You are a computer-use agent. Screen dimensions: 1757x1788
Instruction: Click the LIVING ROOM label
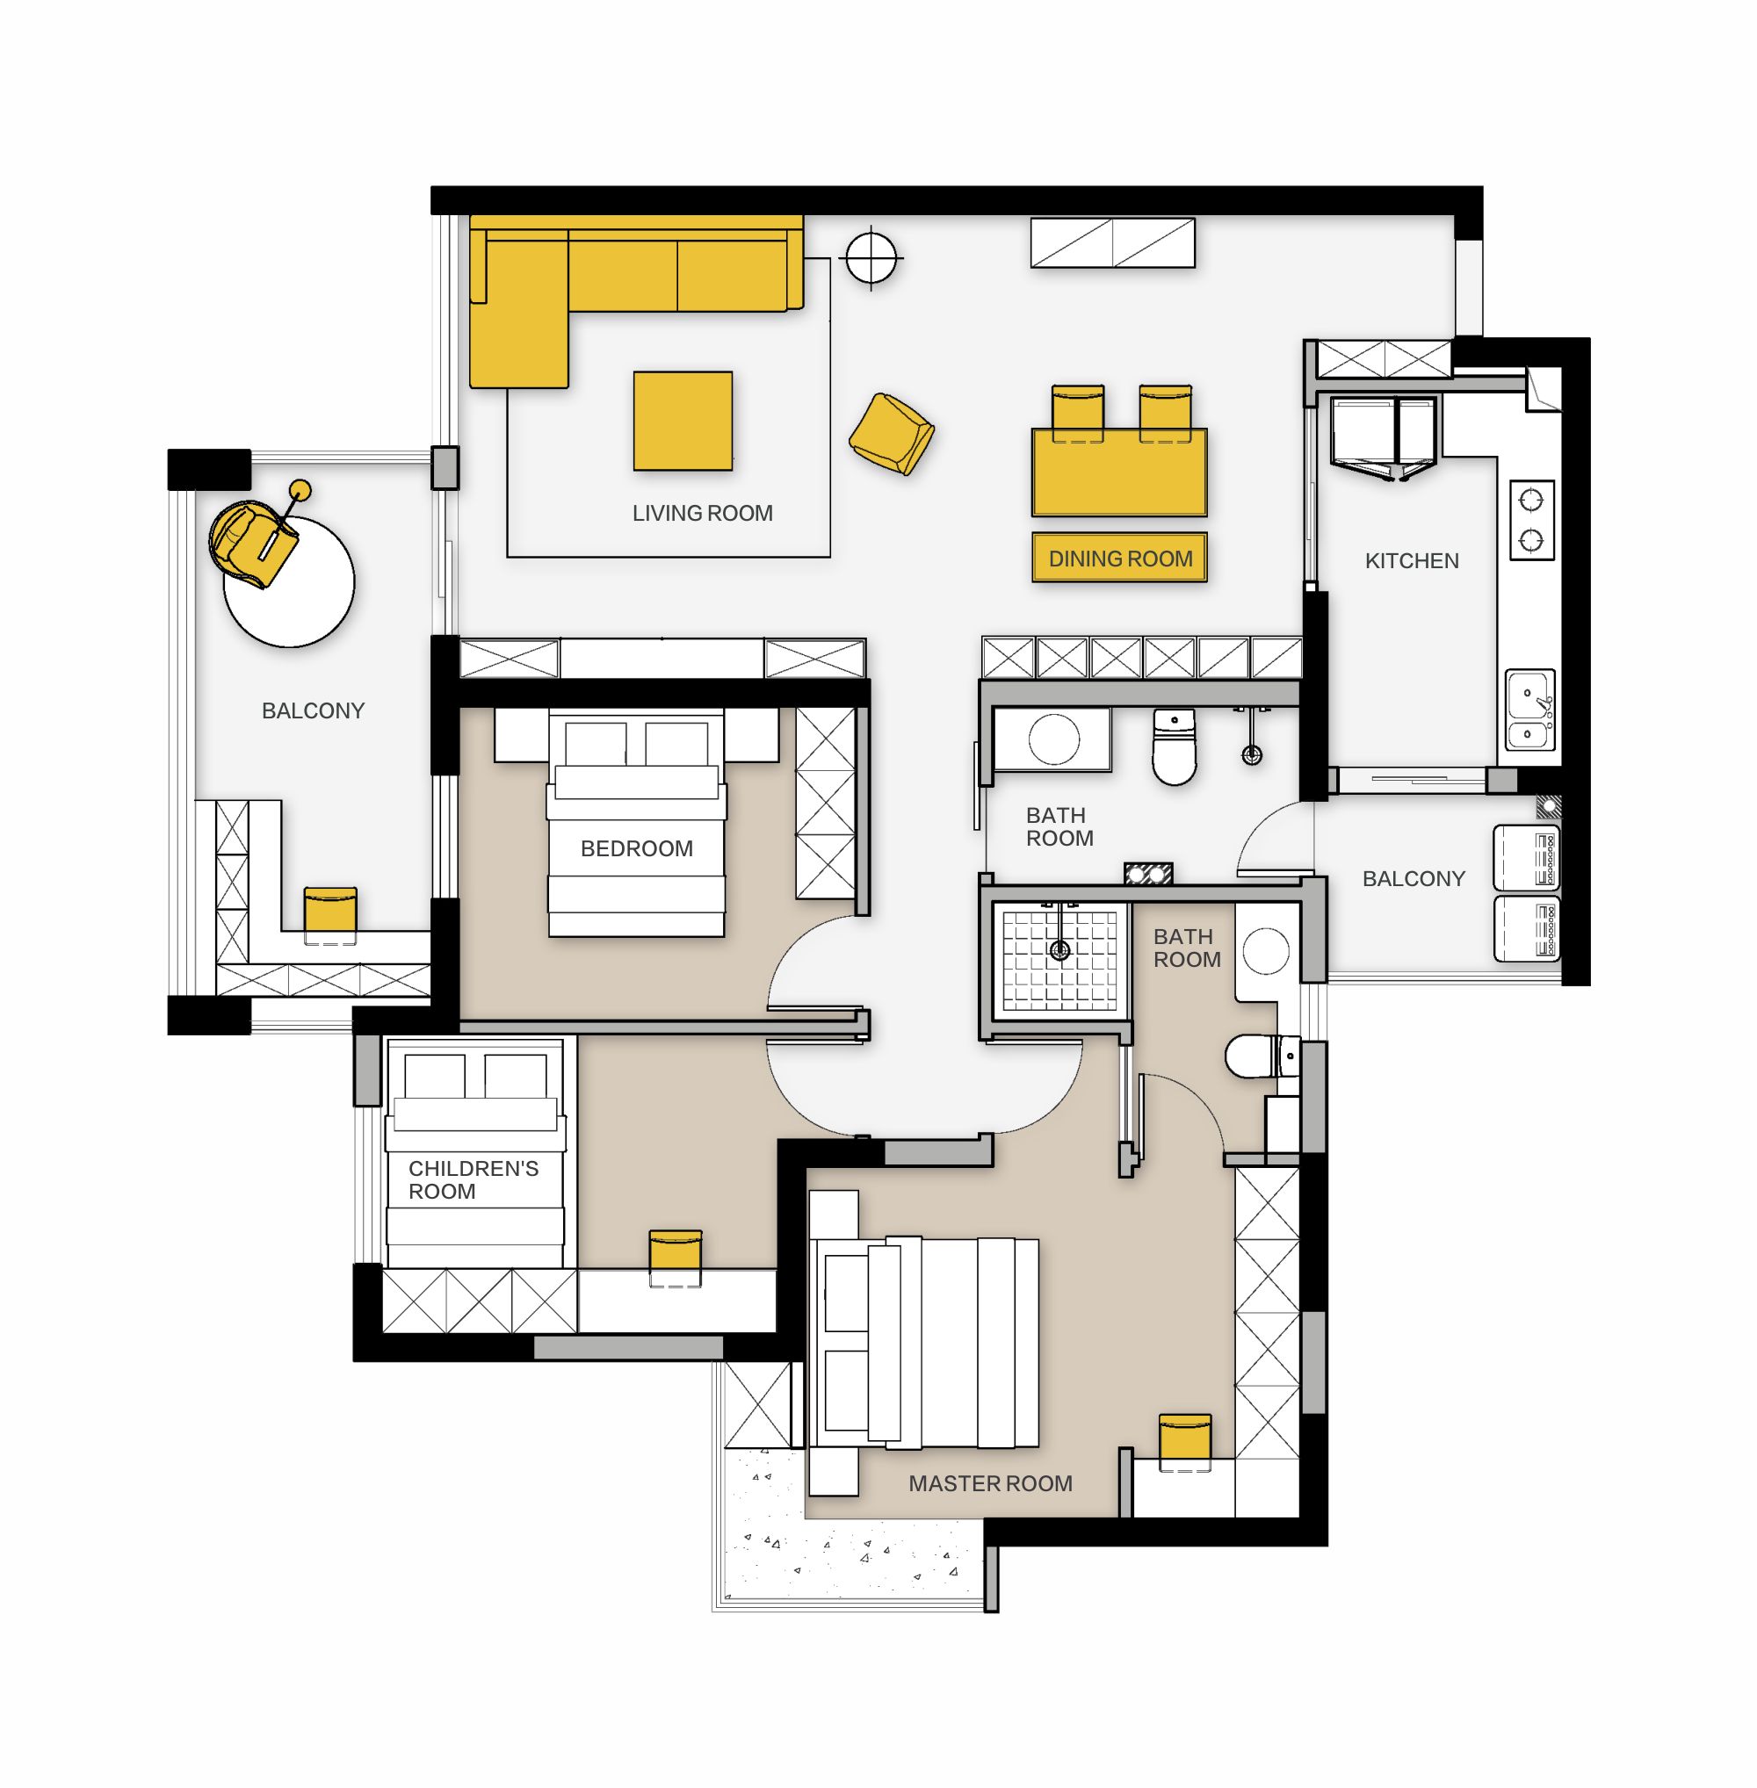(x=702, y=513)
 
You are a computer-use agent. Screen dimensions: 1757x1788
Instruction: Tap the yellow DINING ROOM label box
(x=1119, y=559)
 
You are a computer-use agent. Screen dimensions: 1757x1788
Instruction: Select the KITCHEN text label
(x=1412, y=561)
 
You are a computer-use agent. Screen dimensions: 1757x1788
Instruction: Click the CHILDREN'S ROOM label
(x=473, y=1180)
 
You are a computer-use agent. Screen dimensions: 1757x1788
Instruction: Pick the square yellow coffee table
(x=683, y=421)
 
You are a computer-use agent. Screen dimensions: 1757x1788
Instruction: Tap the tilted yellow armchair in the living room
(x=891, y=434)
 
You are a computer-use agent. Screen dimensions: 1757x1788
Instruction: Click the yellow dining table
(x=1119, y=472)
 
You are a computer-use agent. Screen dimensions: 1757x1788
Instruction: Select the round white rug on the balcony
(x=289, y=582)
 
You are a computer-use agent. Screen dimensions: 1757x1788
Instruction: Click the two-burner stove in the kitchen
(x=1532, y=519)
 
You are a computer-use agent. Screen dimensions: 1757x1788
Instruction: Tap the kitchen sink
(x=1531, y=710)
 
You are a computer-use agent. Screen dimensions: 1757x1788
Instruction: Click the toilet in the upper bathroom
(x=1174, y=746)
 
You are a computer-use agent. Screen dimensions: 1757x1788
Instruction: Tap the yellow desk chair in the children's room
(x=676, y=1256)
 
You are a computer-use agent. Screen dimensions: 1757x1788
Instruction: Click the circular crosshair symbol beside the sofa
(x=871, y=258)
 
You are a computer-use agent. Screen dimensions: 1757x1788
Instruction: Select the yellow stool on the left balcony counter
(x=329, y=913)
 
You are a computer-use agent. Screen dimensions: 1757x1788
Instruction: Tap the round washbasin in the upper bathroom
(x=1053, y=739)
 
